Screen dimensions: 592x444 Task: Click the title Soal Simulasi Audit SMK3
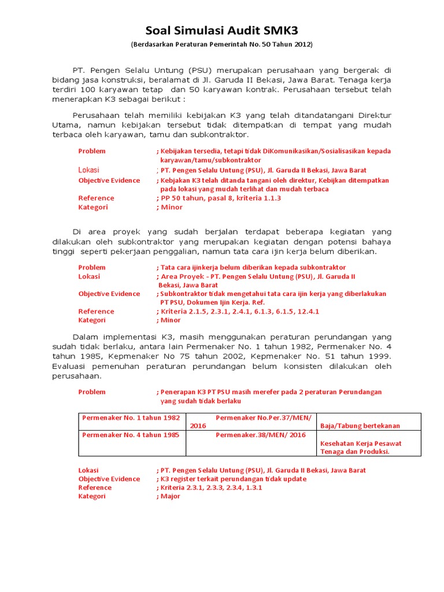tap(221, 30)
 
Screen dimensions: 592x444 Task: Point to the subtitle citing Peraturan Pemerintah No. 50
tap(221, 45)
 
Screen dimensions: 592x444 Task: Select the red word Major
tap(170, 496)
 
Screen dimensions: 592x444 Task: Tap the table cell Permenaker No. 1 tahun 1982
tap(131, 417)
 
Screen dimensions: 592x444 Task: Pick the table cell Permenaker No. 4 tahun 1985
tap(131, 434)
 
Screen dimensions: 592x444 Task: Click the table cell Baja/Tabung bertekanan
tap(368, 425)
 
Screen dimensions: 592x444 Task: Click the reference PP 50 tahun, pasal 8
tap(220, 198)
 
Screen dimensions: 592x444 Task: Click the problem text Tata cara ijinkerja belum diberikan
tap(253, 267)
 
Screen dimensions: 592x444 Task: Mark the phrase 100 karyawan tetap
tap(129, 90)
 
